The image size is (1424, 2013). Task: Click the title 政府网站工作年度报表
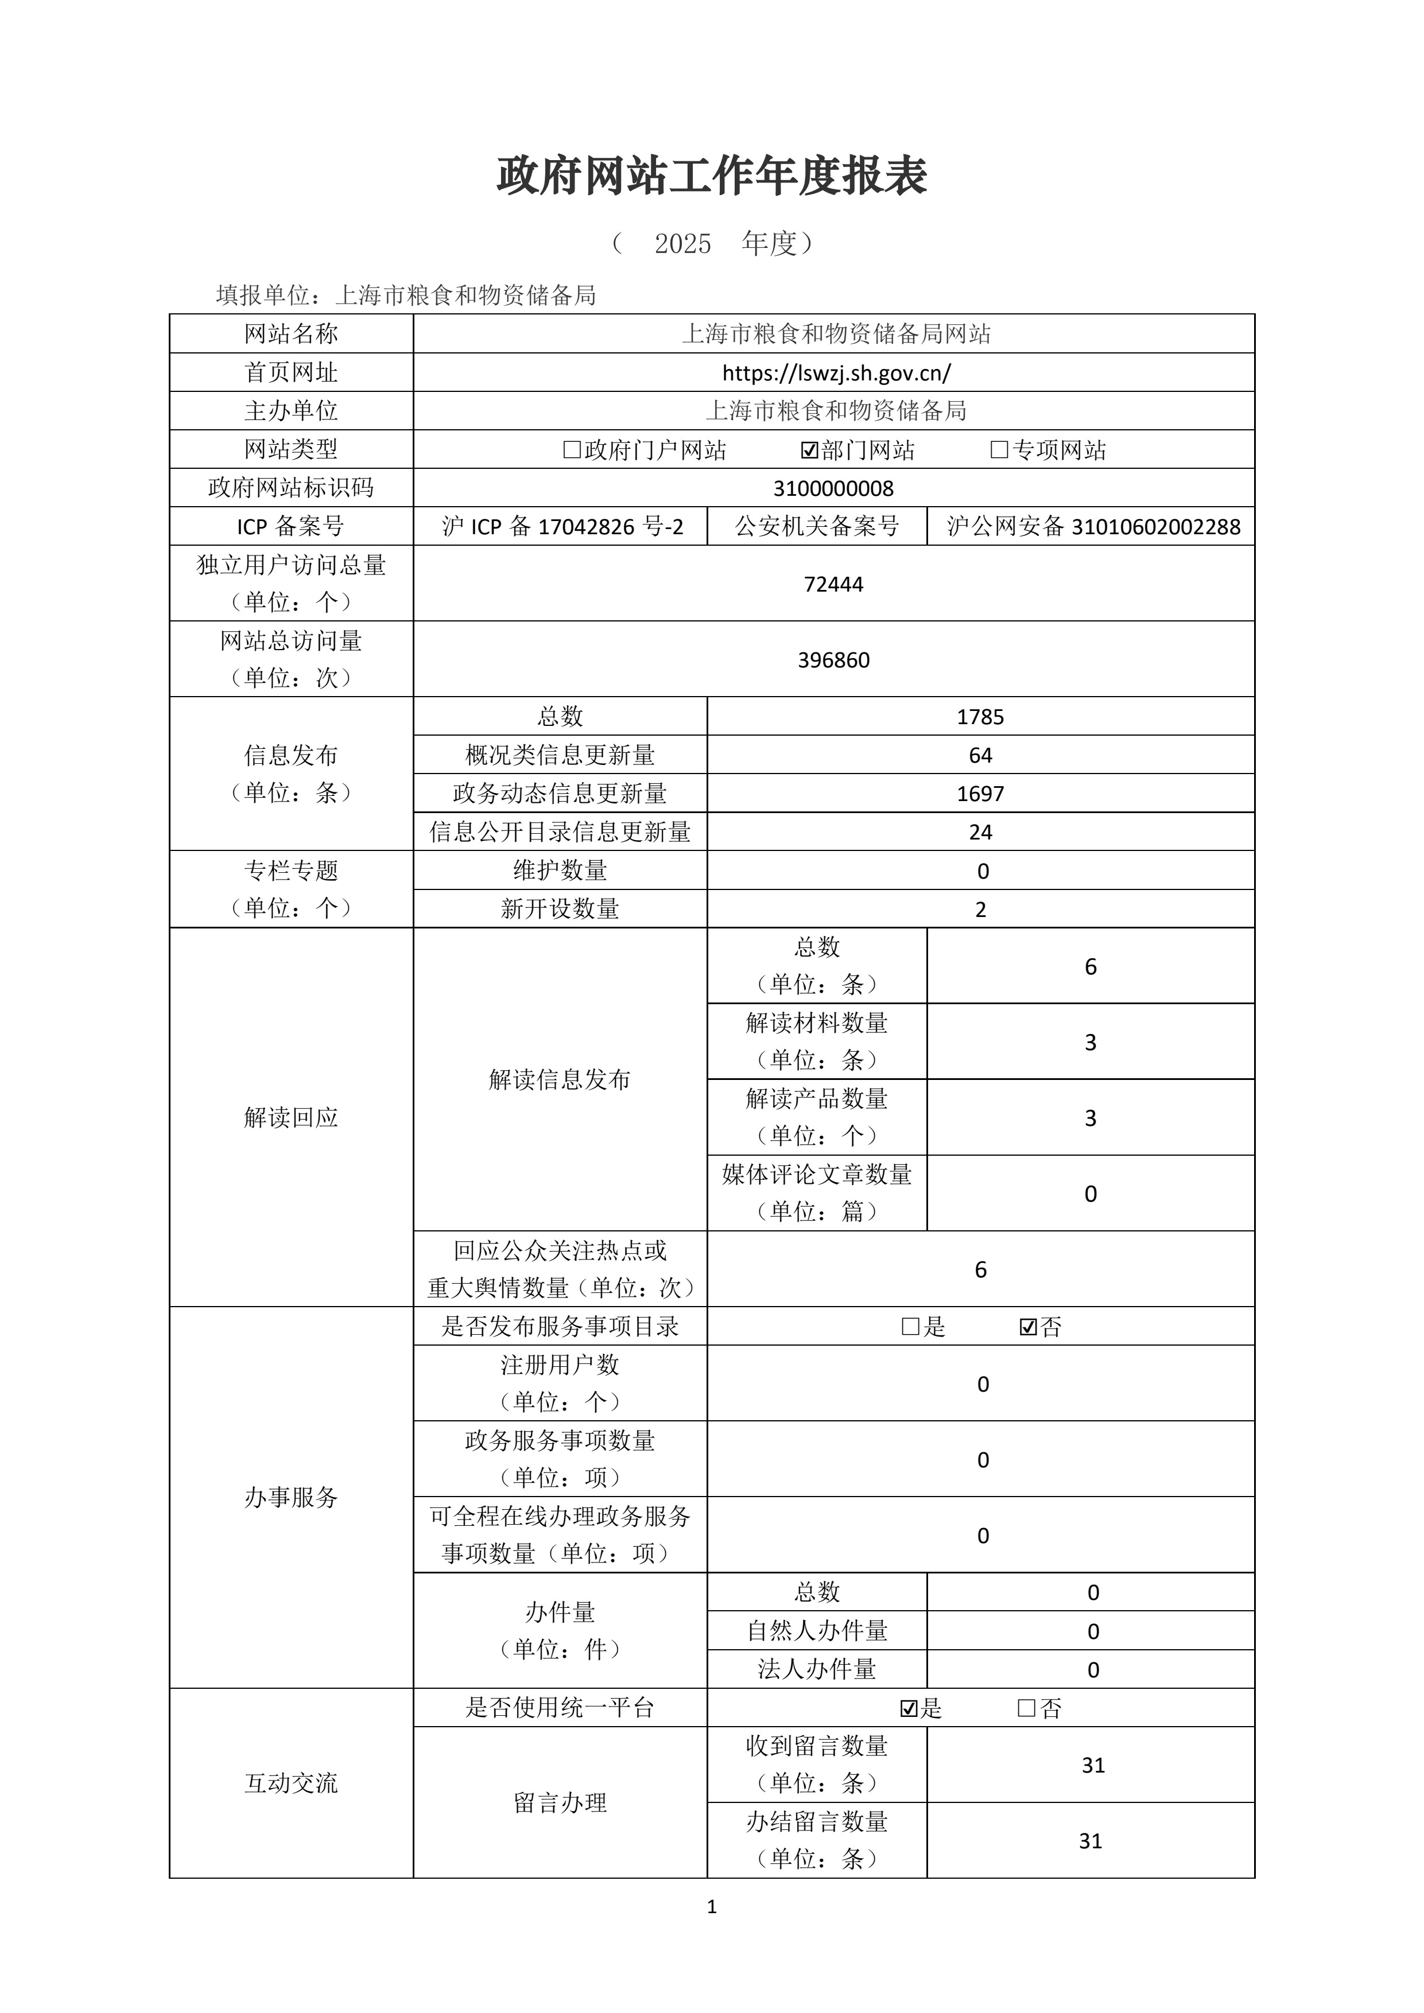coord(711,176)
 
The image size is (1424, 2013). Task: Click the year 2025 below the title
coord(682,244)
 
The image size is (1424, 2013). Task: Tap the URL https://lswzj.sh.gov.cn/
coord(836,372)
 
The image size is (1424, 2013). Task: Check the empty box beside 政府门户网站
coord(572,450)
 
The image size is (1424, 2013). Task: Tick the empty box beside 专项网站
coord(999,450)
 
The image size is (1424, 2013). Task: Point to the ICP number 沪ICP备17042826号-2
coord(561,527)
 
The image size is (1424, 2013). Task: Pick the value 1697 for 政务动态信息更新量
coord(980,794)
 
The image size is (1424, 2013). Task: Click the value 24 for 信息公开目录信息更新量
coord(980,832)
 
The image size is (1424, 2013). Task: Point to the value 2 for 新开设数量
coord(980,909)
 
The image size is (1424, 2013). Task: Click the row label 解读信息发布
coord(560,1079)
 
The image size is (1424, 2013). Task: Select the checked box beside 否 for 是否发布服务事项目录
coord(1029,1327)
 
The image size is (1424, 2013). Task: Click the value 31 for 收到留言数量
coord(1093,1766)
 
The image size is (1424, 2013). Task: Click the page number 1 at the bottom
coord(711,1907)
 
